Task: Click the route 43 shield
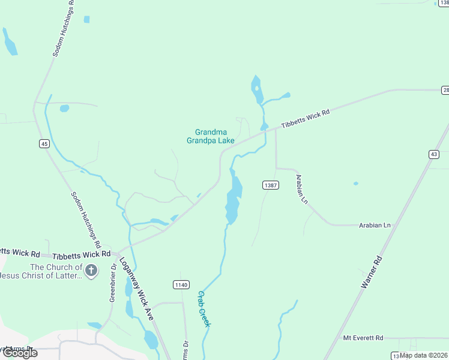(x=433, y=154)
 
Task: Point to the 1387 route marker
(x=270, y=185)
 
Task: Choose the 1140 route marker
(x=181, y=284)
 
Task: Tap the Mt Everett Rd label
(x=363, y=338)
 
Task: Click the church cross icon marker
(x=91, y=271)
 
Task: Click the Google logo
(x=19, y=353)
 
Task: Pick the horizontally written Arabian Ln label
(x=375, y=225)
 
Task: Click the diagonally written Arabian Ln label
(x=301, y=189)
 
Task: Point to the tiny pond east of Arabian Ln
(x=356, y=183)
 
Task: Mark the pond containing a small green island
(x=257, y=89)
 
